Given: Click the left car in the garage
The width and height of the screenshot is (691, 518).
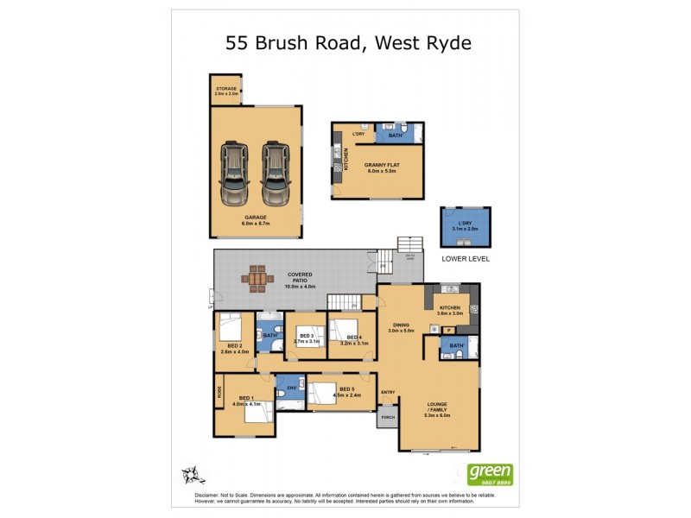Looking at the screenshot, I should (x=234, y=173).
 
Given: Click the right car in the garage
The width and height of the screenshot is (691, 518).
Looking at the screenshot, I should (x=276, y=173).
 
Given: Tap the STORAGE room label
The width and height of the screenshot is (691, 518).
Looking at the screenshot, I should (x=226, y=89).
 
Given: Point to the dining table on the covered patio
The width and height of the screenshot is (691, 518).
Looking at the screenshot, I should (x=258, y=278).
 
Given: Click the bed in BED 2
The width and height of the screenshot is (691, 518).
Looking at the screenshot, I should (x=230, y=329).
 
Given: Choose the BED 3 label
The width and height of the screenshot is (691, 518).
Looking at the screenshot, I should (x=307, y=337).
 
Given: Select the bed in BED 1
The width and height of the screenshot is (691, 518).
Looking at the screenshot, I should (x=257, y=411).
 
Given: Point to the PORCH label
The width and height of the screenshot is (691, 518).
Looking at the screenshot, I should (x=387, y=417).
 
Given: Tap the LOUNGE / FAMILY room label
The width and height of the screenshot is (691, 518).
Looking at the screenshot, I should (x=438, y=407).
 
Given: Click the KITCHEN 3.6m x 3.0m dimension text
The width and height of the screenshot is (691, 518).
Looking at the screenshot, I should (x=450, y=313).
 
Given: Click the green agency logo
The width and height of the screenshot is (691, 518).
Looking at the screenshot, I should (x=490, y=473).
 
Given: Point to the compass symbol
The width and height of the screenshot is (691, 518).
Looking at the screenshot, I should (x=193, y=473).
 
